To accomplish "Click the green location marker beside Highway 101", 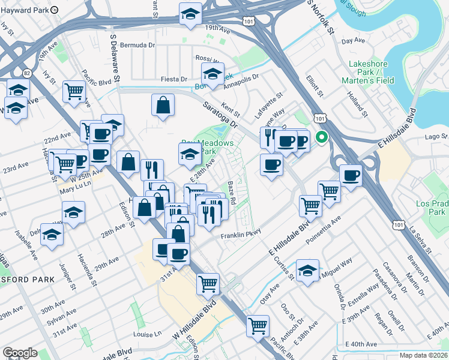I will tap(322, 137).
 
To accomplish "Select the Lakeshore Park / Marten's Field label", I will tap(372, 71).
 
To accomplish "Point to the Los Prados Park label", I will tap(431, 208).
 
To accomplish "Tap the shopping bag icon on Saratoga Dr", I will tap(163, 106).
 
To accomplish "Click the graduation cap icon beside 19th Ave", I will tap(191, 14).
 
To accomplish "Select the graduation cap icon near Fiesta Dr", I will tap(212, 75).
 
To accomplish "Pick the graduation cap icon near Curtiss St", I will tap(307, 271).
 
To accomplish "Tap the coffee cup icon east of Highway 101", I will tap(350, 175).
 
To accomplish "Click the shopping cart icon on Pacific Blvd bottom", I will tap(258, 326).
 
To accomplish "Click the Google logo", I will tap(20, 353).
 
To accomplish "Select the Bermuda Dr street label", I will tap(137, 45).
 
